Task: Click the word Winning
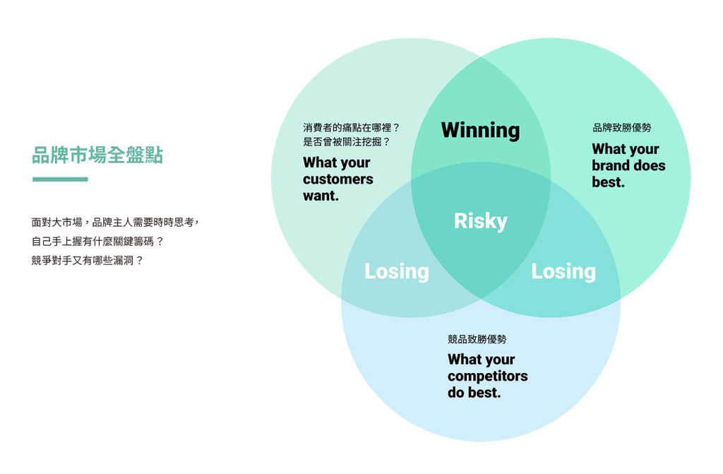pos(480,130)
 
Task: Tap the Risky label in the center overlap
pos(480,221)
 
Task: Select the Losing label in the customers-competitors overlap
pos(396,271)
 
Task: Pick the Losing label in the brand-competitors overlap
pos(563,271)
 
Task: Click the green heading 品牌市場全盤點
pos(97,155)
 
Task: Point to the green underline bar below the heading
pos(60,179)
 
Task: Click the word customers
pos(338,179)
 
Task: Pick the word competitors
pos(487,376)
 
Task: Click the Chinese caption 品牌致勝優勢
pos(621,128)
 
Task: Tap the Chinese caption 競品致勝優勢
pos(477,339)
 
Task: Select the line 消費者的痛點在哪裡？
pos(352,128)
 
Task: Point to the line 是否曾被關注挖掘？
pos(347,141)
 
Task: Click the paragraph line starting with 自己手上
pos(97,241)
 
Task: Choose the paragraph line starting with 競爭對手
pos(88,260)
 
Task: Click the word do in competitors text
pos(456,393)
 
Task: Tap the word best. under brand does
pos(608,182)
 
